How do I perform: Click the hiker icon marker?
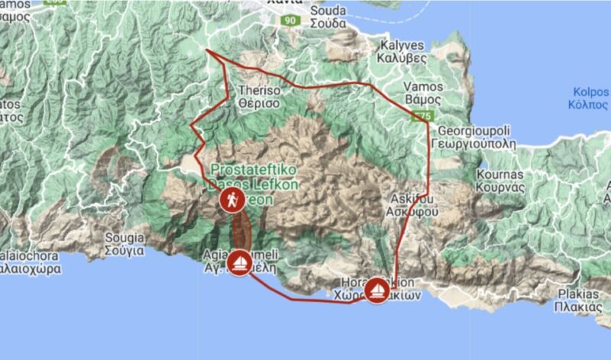[x=231, y=200]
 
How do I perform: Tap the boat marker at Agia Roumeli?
[x=239, y=263]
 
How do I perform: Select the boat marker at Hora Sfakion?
[x=377, y=290]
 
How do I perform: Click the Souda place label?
[x=329, y=11]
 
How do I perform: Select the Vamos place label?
[x=422, y=86]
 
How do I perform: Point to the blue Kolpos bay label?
[x=590, y=92]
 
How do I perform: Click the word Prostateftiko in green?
[x=243, y=169]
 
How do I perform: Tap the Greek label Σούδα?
[x=329, y=23]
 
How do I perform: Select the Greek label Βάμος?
[x=422, y=99]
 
